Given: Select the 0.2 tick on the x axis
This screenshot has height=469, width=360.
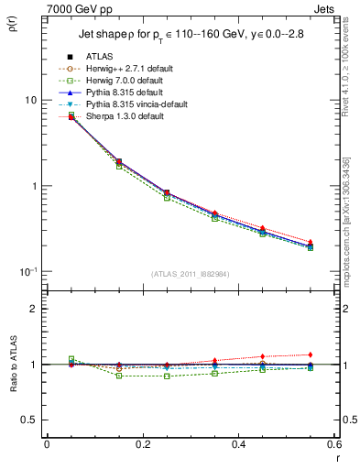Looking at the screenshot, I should click(142, 444).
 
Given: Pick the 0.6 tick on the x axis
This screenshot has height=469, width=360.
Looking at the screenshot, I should click(334, 444).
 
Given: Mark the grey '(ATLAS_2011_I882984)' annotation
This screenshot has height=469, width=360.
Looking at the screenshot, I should click(191, 274).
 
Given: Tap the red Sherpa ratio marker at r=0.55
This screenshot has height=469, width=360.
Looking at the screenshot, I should click(311, 354).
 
